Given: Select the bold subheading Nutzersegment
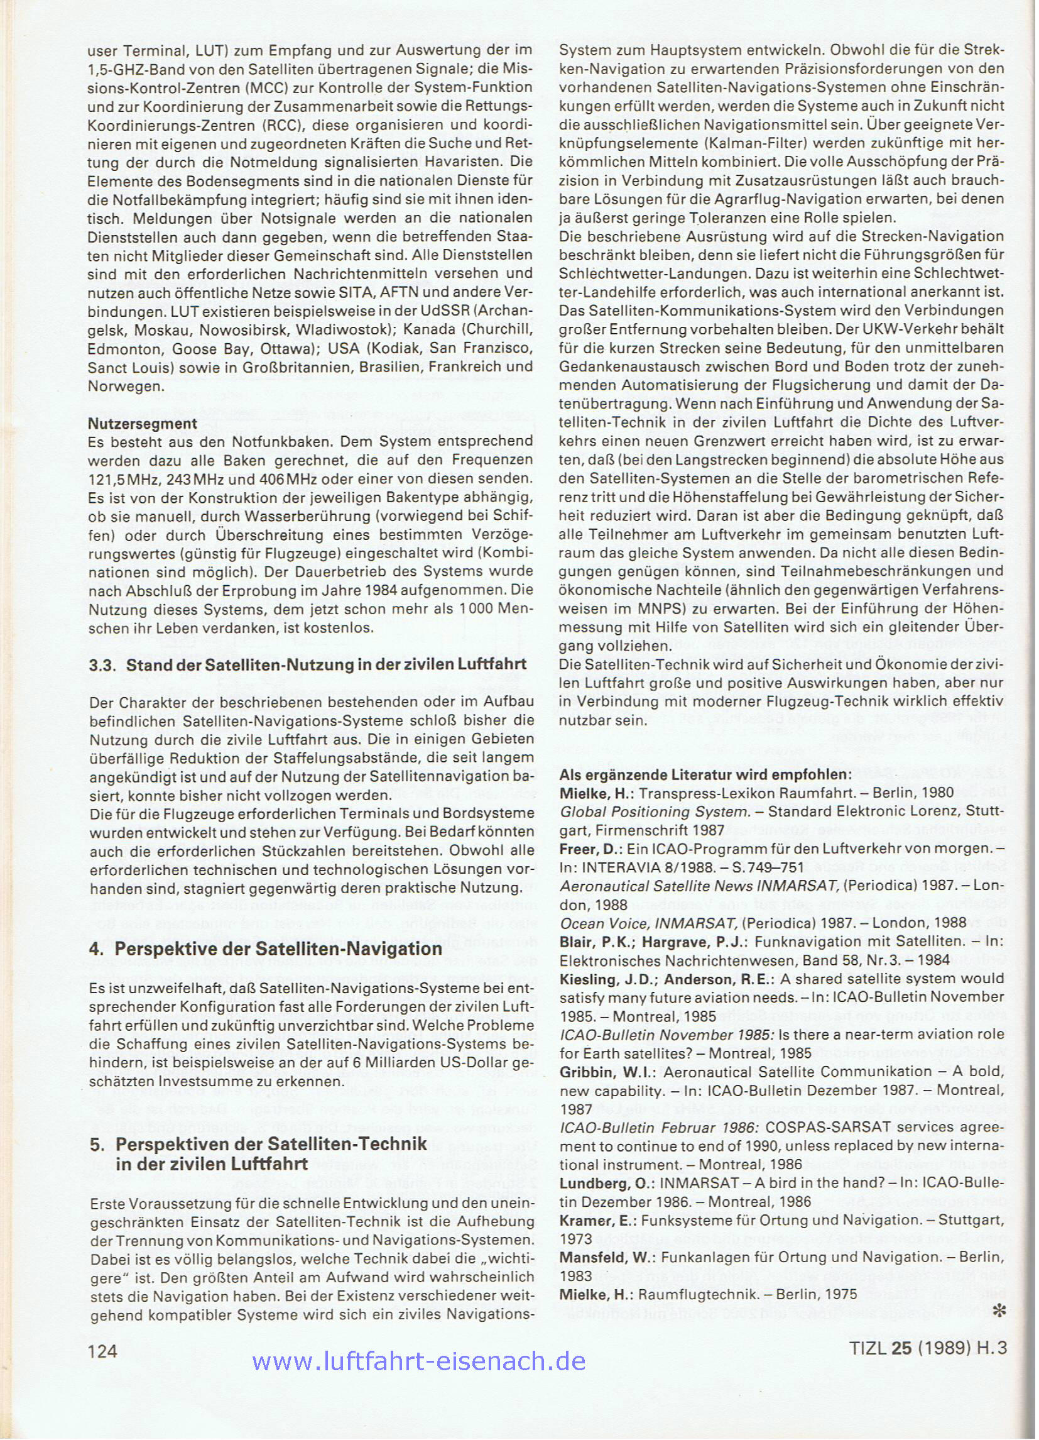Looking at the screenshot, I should tap(142, 423).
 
